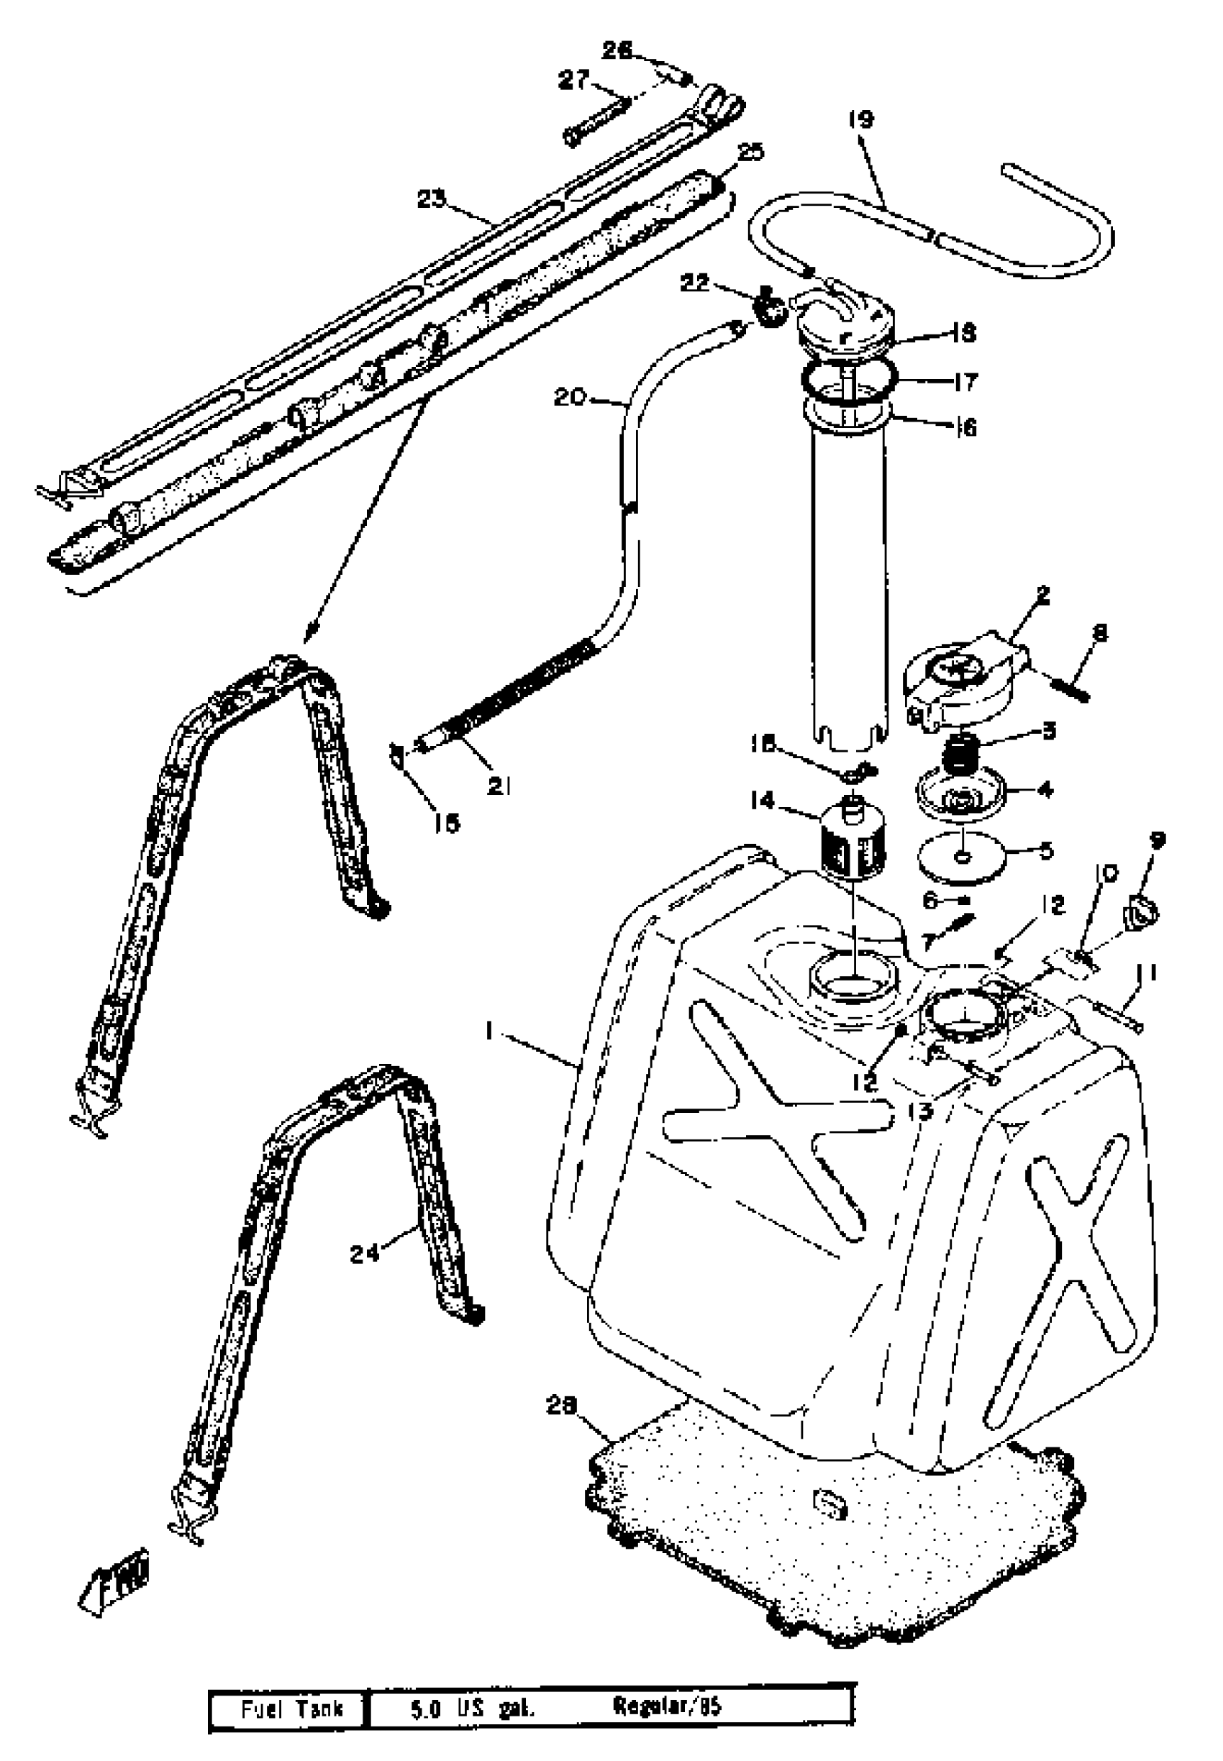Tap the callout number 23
(x=432, y=199)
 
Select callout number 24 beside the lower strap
(x=365, y=1254)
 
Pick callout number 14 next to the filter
(x=763, y=801)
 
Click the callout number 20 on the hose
(x=570, y=398)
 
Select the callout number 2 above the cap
(x=1042, y=594)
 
